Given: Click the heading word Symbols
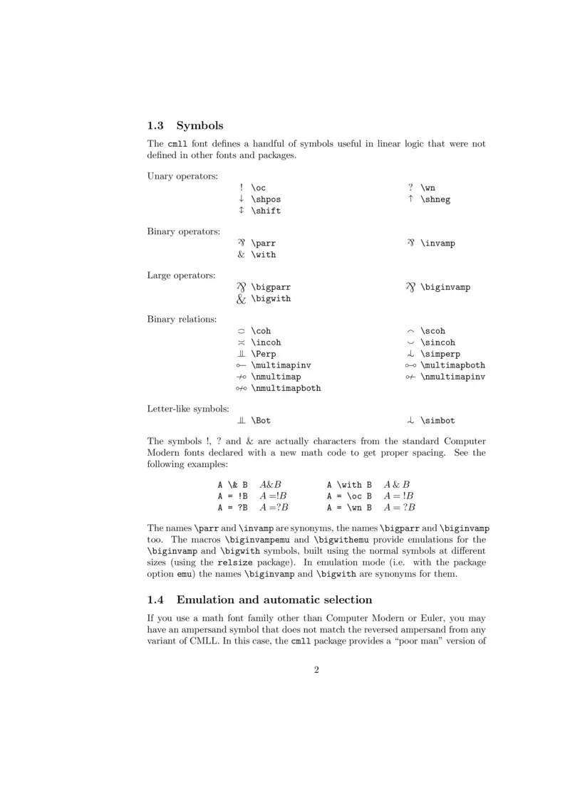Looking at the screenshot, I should click(199, 126).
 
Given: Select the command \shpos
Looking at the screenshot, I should click(266, 199).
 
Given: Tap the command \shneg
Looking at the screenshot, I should click(435, 199).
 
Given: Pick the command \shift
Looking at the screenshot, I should click(266, 211).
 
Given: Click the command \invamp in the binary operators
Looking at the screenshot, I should click(437, 244).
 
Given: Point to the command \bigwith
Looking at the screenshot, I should click(271, 299).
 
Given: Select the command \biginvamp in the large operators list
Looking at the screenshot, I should click(445, 288).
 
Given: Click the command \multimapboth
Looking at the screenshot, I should click(452, 365).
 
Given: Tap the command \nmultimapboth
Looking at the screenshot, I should click(286, 389).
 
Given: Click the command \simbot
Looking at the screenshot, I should click(437, 421).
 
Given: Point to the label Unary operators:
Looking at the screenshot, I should click(182, 176).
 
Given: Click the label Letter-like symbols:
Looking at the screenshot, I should click(188, 409).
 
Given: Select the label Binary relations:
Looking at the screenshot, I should click(182, 319).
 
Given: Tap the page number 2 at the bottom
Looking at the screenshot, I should click(316, 669).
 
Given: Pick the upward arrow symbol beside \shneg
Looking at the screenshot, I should click(411, 199).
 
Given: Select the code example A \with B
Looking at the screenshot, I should click(349, 485).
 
